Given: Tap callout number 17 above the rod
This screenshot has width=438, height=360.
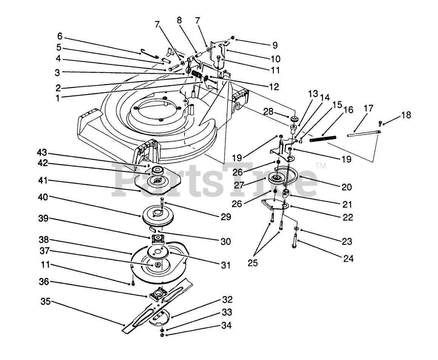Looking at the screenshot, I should (x=368, y=109).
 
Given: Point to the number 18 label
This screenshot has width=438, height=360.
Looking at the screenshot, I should (x=406, y=115).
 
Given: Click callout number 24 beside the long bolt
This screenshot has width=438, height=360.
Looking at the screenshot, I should (x=348, y=259).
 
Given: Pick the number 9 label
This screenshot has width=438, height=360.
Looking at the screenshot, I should (x=274, y=45).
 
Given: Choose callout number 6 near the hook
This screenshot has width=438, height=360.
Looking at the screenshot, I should (x=60, y=37).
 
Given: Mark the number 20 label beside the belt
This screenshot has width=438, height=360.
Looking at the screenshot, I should (x=347, y=187).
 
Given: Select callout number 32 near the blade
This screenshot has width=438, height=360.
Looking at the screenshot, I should (x=228, y=300).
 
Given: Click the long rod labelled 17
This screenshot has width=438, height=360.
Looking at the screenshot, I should (x=363, y=133).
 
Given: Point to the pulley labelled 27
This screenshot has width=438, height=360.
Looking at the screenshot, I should (x=278, y=178).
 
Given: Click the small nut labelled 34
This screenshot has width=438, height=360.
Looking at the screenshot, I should (x=162, y=335).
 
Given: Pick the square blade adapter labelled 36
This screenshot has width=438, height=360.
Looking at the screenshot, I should (x=158, y=294).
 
